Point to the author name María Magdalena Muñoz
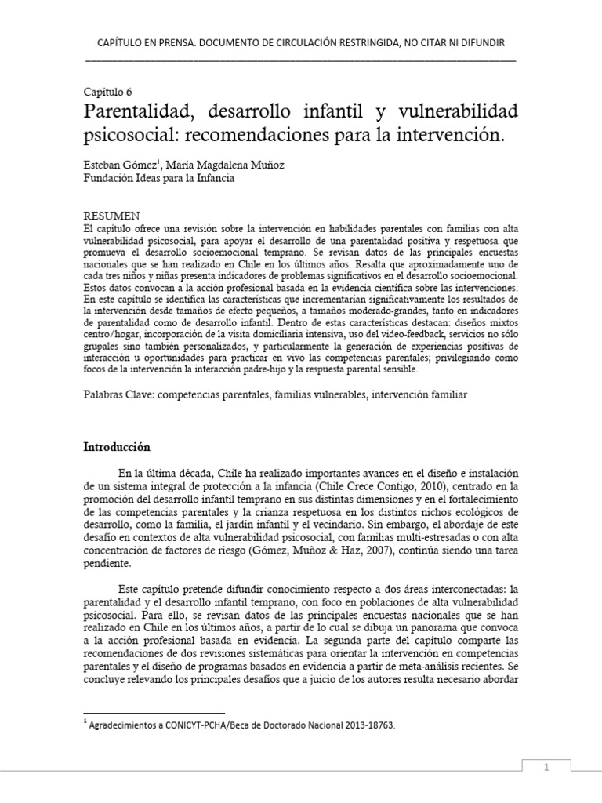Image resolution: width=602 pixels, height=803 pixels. (209, 165)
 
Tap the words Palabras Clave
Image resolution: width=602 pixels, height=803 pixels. (118, 396)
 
